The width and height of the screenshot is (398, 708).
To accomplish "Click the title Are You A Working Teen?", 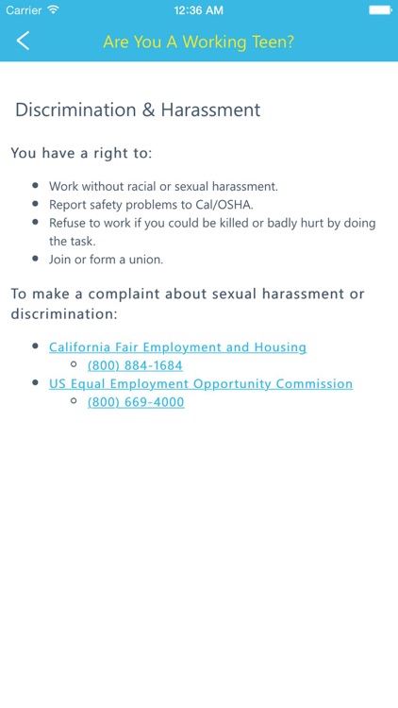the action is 198,42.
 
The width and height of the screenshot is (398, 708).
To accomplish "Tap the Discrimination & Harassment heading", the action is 138,110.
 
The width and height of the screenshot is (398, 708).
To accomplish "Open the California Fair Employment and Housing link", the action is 177,347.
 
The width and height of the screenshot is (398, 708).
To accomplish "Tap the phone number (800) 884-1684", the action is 135,365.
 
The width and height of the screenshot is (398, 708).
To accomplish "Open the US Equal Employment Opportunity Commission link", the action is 201,384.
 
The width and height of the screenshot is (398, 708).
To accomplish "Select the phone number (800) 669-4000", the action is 136,402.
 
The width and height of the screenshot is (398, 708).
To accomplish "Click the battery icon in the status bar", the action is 380,9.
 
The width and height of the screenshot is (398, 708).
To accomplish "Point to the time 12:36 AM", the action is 199,9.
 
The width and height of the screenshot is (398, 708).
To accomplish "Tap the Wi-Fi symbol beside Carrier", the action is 53,9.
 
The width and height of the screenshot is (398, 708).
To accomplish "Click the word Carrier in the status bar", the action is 23,9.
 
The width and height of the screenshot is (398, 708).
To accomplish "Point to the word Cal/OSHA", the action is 226,205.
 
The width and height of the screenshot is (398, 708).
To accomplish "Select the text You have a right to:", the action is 81,153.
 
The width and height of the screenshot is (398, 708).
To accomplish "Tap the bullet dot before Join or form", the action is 36,259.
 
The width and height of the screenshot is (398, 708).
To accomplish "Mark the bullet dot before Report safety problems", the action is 36,205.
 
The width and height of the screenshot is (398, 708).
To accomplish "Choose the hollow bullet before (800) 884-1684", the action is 74,365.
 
